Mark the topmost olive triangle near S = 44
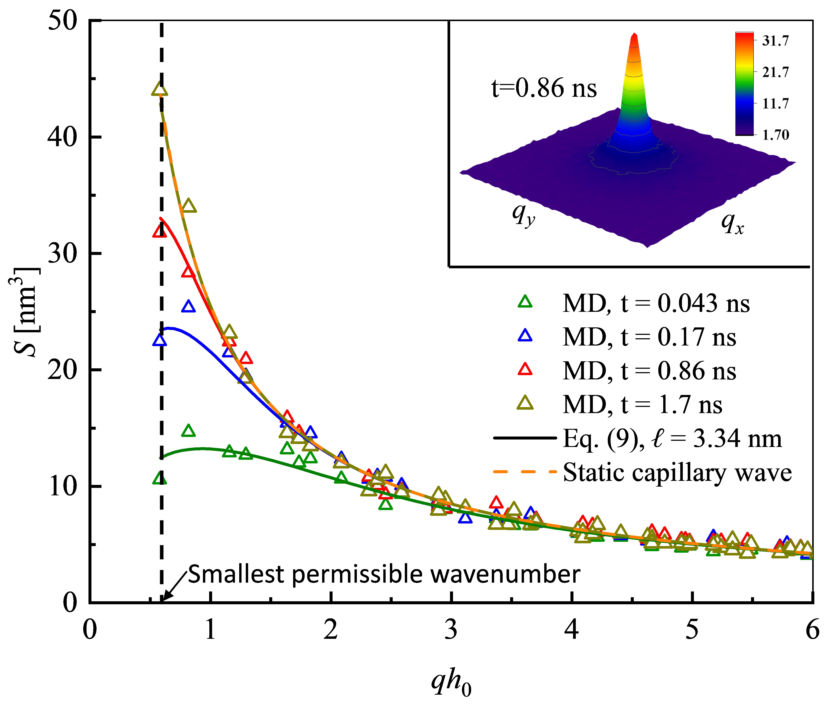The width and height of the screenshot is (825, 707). [x=160, y=89]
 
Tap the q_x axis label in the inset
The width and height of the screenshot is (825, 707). [x=732, y=224]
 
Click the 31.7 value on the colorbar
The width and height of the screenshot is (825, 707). [x=775, y=41]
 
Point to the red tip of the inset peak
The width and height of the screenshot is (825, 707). [x=634, y=38]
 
